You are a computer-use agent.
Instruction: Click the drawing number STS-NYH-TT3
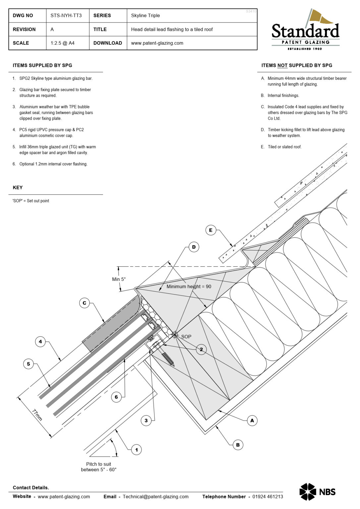[x=66, y=16]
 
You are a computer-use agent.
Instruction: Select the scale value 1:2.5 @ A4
[x=62, y=43]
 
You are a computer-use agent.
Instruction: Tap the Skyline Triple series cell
[x=145, y=16]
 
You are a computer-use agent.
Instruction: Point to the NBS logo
[x=317, y=492]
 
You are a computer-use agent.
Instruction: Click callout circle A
[x=252, y=421]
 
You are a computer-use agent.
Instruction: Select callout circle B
[x=238, y=445]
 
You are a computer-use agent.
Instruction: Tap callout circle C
[x=85, y=303]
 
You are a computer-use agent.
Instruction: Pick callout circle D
[x=194, y=247]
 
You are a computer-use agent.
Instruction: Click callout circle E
[x=210, y=230]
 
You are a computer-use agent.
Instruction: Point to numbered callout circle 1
[x=136, y=450]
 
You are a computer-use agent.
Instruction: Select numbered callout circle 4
[x=40, y=341]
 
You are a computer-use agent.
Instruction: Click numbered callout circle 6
[x=116, y=397]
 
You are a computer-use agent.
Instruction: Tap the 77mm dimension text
[x=37, y=415]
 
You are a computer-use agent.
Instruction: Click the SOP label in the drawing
[x=186, y=337]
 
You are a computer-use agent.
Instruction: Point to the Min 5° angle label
[x=119, y=279]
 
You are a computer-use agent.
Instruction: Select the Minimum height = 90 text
[x=189, y=287]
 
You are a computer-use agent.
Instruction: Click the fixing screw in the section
[x=167, y=359]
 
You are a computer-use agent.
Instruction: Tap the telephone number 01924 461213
[x=268, y=496]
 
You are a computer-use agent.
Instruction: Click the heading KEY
[x=18, y=188]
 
